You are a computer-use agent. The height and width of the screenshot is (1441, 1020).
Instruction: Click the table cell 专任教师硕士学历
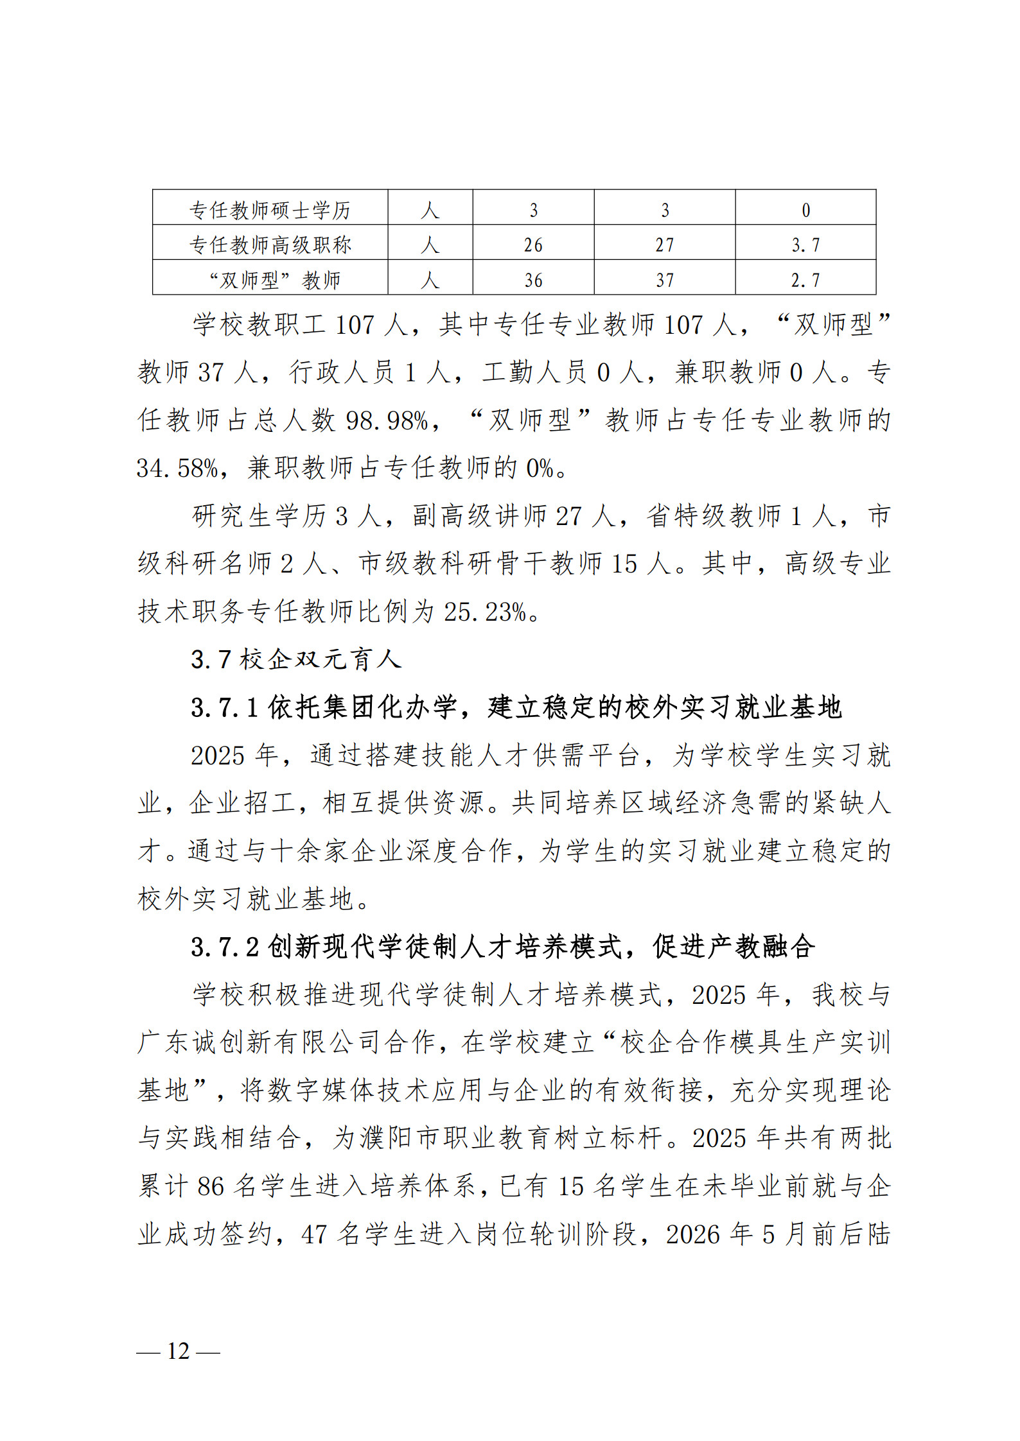pyautogui.click(x=270, y=209)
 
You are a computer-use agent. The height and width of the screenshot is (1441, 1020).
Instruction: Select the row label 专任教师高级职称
pyautogui.click(x=270, y=245)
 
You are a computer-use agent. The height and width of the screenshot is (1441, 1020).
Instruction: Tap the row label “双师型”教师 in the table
pyautogui.click(x=275, y=280)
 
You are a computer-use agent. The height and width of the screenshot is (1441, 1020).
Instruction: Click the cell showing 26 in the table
pyautogui.click(x=533, y=245)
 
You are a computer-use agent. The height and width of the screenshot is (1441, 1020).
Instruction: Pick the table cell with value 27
pyautogui.click(x=664, y=245)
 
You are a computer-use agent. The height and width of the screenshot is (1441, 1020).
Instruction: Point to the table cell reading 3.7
pyautogui.click(x=805, y=245)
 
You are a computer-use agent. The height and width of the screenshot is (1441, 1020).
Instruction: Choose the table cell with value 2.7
pyautogui.click(x=805, y=280)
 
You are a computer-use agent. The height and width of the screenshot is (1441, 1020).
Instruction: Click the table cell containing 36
pyautogui.click(x=533, y=280)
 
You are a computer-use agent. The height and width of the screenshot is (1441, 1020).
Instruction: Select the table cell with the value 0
pyautogui.click(x=805, y=210)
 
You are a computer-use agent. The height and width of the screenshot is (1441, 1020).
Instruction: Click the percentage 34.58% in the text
pyautogui.click(x=177, y=468)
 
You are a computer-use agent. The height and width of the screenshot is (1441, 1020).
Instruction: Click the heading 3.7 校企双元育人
pyautogui.click(x=296, y=659)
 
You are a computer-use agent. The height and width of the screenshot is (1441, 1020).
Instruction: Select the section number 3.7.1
pyautogui.click(x=224, y=707)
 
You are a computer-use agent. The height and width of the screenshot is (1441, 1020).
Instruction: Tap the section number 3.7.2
pyautogui.click(x=224, y=947)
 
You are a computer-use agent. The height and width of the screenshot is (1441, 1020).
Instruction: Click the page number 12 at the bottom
pyautogui.click(x=178, y=1351)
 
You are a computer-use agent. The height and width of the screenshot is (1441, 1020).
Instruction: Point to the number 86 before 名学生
pyautogui.click(x=211, y=1186)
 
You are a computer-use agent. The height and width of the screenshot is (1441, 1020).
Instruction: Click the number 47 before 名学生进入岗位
pyautogui.click(x=314, y=1234)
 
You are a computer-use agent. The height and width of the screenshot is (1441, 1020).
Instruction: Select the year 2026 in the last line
pyautogui.click(x=692, y=1234)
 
